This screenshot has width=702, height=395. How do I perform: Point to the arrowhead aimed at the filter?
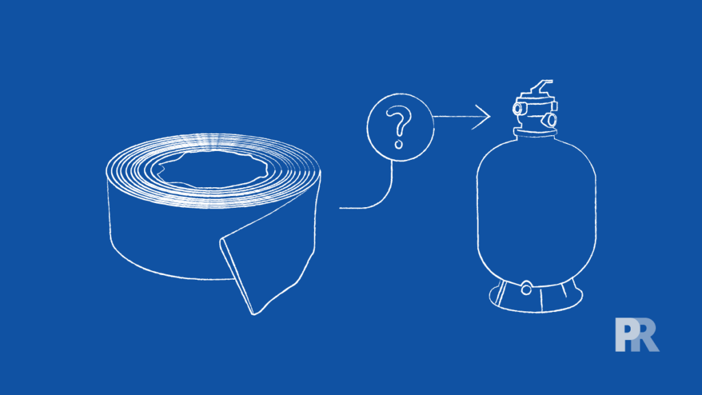(x=485, y=117)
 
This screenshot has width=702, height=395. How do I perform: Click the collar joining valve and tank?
(x=533, y=132)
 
